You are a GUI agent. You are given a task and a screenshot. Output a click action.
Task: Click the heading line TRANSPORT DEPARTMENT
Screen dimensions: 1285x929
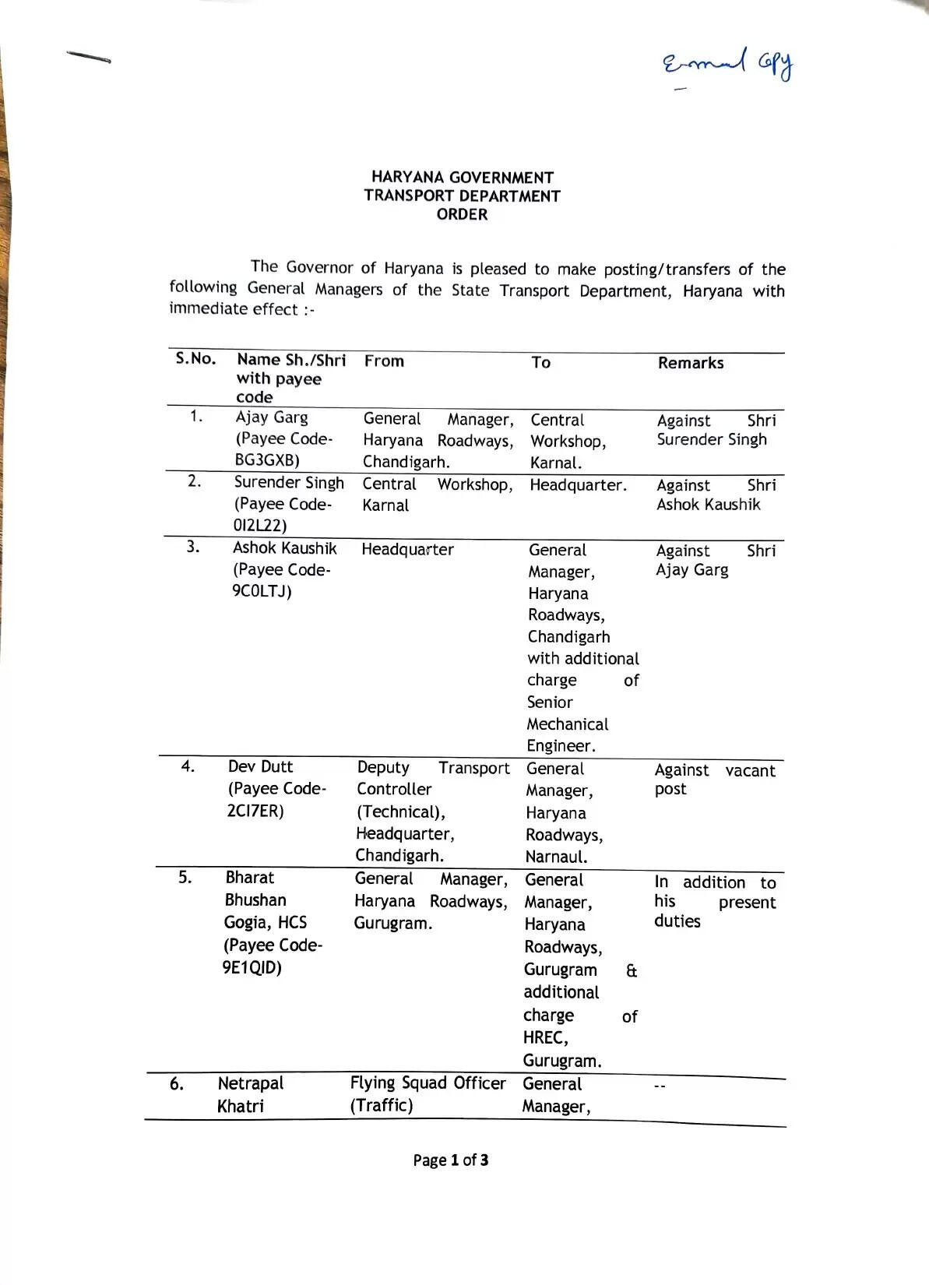pos(462,196)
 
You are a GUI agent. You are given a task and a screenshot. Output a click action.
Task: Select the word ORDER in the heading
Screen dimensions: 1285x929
pos(462,215)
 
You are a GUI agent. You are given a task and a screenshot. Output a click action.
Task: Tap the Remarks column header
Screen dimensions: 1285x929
pos(690,363)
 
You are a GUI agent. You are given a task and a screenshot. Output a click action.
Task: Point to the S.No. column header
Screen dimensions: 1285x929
pos(195,358)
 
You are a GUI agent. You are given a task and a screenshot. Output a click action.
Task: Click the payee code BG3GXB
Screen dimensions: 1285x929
pos(266,460)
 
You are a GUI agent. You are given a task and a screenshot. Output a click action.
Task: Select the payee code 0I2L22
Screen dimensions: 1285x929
pos(260,526)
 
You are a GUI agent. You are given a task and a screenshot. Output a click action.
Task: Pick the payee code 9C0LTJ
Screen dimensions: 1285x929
pos(262,591)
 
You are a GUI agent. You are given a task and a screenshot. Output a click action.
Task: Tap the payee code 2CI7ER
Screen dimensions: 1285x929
pos(255,811)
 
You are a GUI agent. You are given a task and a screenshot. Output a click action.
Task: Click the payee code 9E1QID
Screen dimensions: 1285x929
pos(252,968)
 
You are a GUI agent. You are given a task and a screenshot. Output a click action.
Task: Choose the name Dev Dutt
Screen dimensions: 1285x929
pos(260,766)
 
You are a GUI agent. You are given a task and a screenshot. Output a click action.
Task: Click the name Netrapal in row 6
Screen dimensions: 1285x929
pos(250,1083)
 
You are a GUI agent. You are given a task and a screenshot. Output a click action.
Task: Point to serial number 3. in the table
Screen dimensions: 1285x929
pos(193,547)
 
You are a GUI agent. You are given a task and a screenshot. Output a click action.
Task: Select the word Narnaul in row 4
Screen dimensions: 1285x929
pos(556,857)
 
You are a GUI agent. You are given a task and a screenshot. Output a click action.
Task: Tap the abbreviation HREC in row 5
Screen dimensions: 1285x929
pos(544,1038)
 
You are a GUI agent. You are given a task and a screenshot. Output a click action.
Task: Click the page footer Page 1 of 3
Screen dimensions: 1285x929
pos(451,1160)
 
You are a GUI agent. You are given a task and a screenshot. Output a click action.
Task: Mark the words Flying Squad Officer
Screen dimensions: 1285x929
pos(428,1083)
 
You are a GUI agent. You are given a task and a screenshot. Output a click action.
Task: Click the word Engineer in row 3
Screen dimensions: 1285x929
pos(560,746)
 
